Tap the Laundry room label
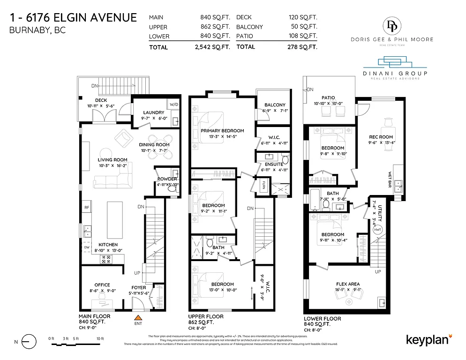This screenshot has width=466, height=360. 153,112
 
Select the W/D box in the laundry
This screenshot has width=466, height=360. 173,104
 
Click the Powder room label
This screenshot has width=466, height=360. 167,179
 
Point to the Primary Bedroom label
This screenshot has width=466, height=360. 222,130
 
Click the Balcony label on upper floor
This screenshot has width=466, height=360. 275,105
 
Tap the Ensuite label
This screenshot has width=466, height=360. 274,164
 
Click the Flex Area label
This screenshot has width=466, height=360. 348,284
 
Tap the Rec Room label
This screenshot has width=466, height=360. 381,137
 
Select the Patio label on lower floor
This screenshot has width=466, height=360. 328,97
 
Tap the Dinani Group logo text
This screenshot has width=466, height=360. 395,74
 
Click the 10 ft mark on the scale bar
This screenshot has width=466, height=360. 99,338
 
